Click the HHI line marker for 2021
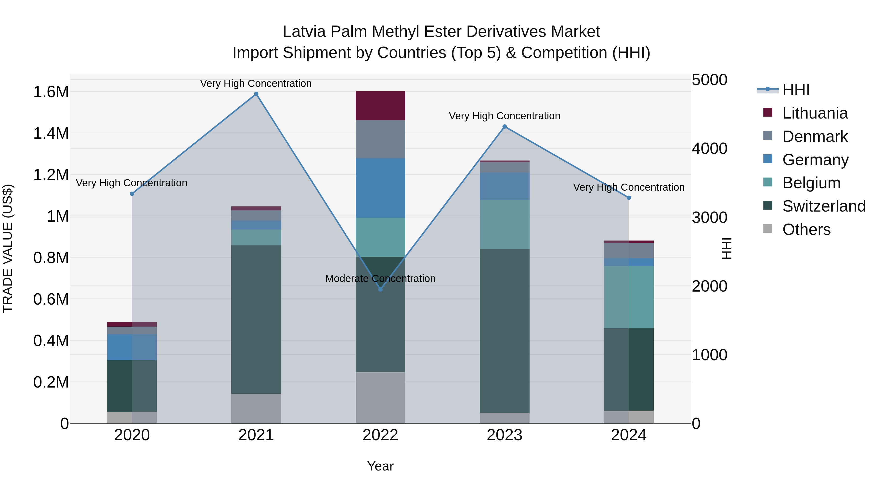[x=256, y=94]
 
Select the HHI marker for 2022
[x=380, y=290]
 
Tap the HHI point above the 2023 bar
[x=505, y=127]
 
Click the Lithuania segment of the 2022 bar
[x=380, y=105]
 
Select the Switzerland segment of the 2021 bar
[x=256, y=319]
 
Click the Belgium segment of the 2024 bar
[x=629, y=297]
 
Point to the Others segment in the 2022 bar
[x=380, y=398]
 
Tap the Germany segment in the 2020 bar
[x=132, y=347]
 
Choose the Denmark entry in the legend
[x=815, y=136]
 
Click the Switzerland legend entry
[x=824, y=206]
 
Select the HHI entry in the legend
[x=796, y=90]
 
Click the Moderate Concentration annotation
[x=380, y=279]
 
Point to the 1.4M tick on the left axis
[x=51, y=134]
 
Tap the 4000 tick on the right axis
[x=709, y=148]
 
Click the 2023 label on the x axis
[x=505, y=435]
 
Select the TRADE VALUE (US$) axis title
[x=8, y=248]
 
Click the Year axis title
[x=380, y=466]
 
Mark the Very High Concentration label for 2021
[x=256, y=83]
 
